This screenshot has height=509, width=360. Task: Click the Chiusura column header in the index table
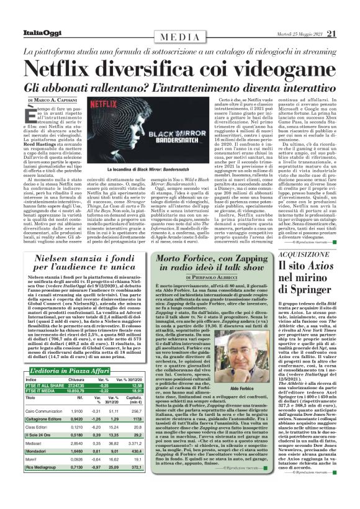[x=76, y=380]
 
